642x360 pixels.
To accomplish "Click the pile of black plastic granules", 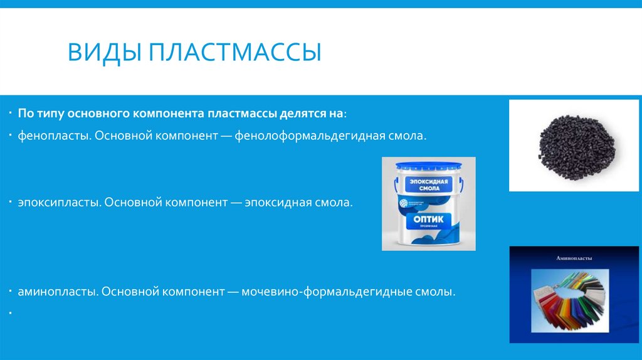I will pyautogui.click(x=574, y=146).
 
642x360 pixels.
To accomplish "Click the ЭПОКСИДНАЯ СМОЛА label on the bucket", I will pyautogui.click(x=427, y=186).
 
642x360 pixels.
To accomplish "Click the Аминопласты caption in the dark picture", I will pyautogui.click(x=574, y=258).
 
